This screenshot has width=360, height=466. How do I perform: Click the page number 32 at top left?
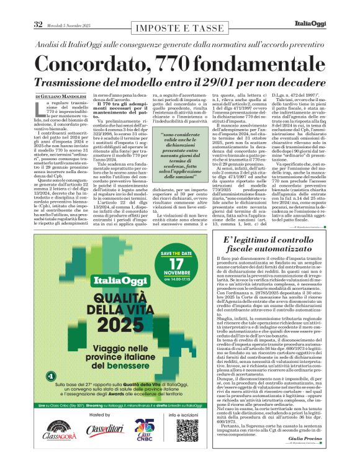click(x=37, y=24)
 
